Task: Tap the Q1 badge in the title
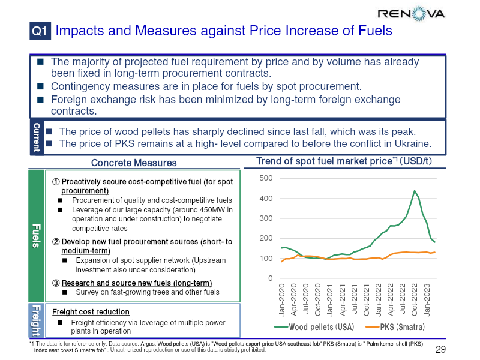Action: (40, 31)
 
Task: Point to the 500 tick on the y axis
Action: (266, 178)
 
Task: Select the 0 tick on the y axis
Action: (270, 278)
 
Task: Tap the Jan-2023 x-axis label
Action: (427, 300)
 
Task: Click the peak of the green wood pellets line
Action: (414, 191)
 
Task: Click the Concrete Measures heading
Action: (134, 163)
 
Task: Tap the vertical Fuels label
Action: (36, 235)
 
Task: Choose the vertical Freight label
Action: (36, 320)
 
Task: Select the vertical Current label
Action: (37, 137)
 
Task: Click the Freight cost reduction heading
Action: (91, 312)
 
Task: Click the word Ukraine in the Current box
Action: (413, 143)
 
